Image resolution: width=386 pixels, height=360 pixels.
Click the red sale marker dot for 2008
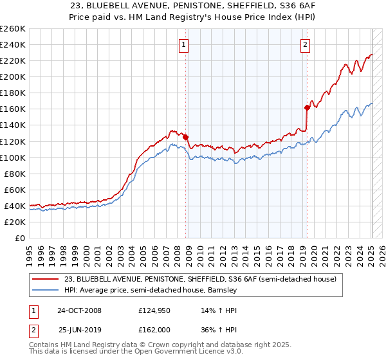pos(186,137)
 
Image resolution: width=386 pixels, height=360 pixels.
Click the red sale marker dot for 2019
pos(307,107)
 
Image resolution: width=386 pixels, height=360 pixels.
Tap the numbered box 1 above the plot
pos(184,44)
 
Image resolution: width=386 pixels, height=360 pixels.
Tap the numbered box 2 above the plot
pos(305,44)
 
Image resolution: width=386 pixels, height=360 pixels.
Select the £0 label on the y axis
pos(20,238)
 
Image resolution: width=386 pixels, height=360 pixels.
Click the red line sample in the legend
pos(46,279)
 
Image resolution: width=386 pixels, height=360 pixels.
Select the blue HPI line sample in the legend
pos(46,290)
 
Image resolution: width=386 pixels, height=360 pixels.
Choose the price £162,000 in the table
pos(156,330)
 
